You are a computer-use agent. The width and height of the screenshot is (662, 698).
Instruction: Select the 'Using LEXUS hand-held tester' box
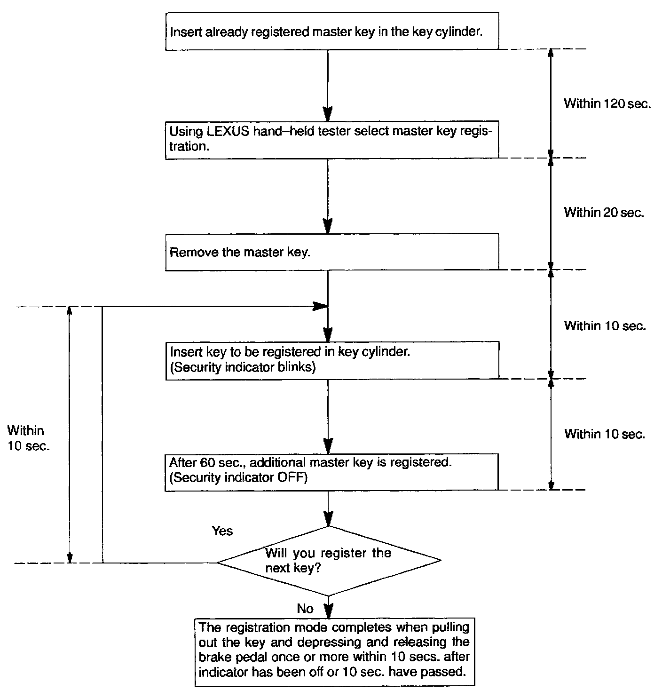331,139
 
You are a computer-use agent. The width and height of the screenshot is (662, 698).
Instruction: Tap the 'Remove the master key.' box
331,252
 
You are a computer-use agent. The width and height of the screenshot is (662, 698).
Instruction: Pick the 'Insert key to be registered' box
331,360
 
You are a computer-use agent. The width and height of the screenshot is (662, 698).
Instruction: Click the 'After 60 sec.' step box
331,471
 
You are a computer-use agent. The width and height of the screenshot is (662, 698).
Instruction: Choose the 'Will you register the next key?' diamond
328,561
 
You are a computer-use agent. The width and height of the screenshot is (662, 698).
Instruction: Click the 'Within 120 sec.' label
607,103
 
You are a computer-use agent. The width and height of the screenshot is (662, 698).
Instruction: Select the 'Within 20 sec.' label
604,213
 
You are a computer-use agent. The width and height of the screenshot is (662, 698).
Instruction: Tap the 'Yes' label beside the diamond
222,531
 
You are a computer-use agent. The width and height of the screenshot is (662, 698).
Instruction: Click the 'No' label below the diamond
305,609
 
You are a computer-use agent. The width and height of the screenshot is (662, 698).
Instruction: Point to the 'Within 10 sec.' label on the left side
28,438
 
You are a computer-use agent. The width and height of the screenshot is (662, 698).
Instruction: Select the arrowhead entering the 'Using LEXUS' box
328,114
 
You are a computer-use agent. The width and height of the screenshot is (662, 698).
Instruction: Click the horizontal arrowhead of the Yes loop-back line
321,307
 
